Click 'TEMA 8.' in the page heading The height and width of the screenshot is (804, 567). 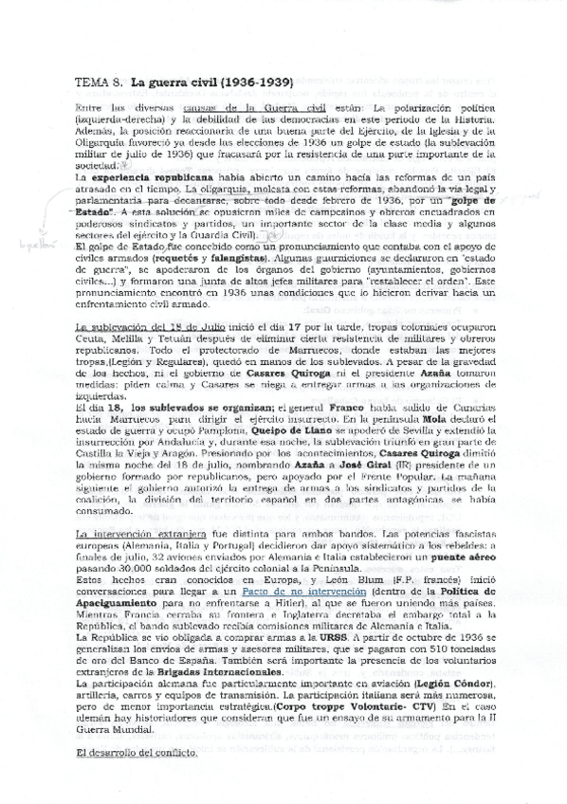[x=98, y=83]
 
